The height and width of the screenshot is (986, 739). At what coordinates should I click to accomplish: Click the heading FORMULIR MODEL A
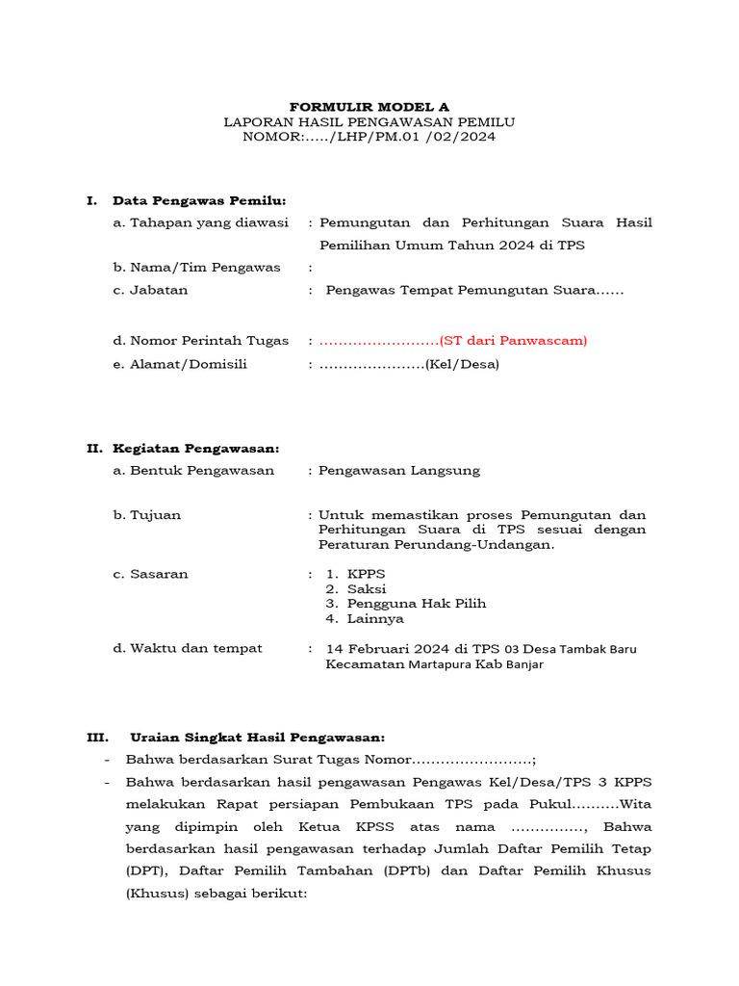369,106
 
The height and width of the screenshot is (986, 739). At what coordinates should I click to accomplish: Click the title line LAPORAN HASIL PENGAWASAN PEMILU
369,121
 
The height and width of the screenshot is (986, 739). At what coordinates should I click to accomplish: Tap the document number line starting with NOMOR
369,137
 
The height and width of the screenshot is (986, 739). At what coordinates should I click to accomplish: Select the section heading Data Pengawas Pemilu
199,200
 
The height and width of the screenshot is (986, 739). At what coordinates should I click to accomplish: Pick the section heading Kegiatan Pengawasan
196,448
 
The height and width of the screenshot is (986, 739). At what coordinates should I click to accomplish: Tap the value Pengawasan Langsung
399,470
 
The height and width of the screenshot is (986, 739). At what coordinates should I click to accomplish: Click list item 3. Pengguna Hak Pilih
405,604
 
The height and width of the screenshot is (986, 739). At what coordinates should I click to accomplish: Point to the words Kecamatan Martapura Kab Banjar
434,664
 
